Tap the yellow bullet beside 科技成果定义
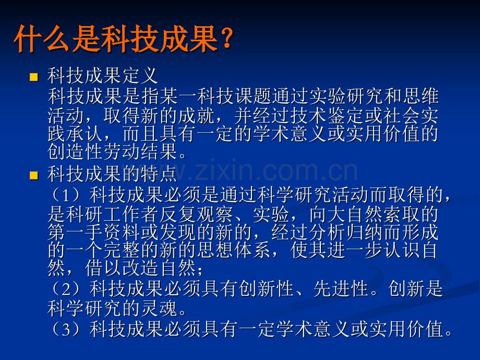click(x=34, y=77)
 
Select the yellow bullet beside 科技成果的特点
click(x=34, y=175)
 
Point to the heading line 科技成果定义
click(x=103, y=76)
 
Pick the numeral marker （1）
click(x=66, y=195)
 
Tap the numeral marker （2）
click(x=66, y=289)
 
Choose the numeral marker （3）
click(x=66, y=329)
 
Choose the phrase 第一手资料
click(x=94, y=233)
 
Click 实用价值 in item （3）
click(x=406, y=329)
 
